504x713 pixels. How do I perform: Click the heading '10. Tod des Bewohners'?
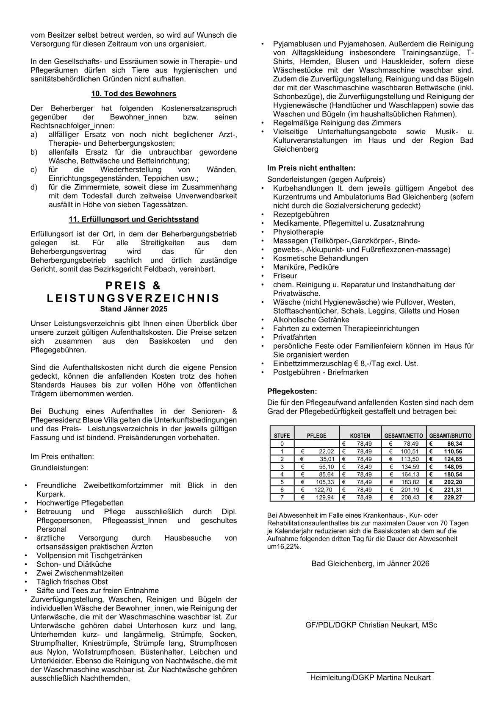(x=133, y=94)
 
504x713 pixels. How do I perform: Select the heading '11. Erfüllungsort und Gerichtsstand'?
(x=133, y=219)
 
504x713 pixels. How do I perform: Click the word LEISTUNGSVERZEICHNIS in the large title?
(x=133, y=298)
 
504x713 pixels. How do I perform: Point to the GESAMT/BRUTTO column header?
(x=450, y=436)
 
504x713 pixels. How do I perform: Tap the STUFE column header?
(x=282, y=436)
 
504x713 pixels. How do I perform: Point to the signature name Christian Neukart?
(x=371, y=625)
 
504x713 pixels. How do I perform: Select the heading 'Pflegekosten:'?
(x=292, y=391)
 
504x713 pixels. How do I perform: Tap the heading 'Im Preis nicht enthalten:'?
(x=311, y=168)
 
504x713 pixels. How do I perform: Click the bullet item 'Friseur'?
(x=285, y=276)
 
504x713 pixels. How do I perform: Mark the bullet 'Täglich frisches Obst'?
(x=72, y=582)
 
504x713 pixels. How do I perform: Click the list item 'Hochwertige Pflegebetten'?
(x=80, y=503)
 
